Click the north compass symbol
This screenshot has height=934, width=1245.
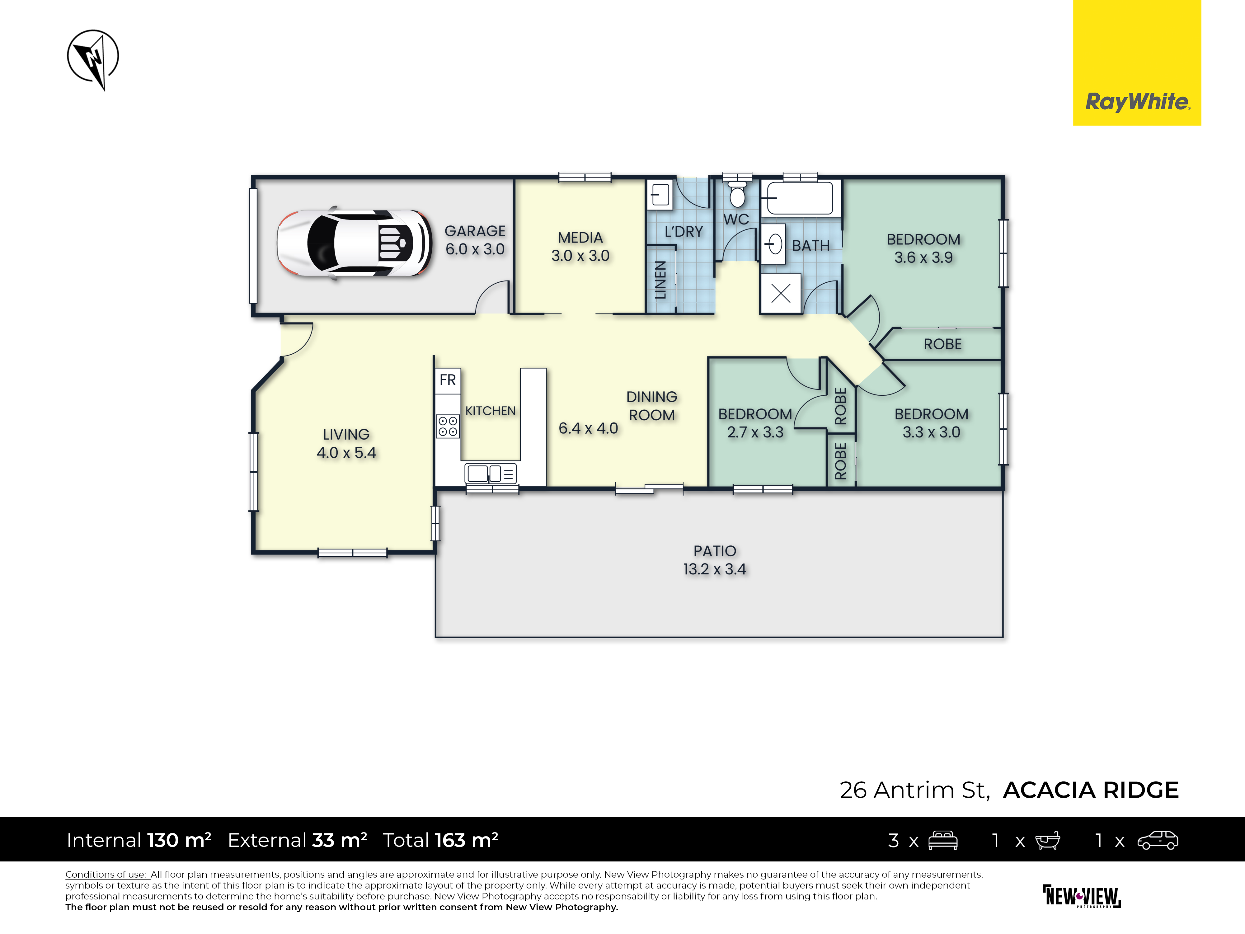(x=93, y=59)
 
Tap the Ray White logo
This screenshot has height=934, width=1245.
(x=1137, y=63)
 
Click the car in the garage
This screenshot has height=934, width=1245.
(x=355, y=243)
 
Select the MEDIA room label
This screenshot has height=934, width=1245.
(x=580, y=238)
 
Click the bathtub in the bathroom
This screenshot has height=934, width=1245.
(x=800, y=198)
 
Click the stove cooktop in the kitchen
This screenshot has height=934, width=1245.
(x=448, y=426)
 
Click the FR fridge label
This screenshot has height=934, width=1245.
(x=448, y=380)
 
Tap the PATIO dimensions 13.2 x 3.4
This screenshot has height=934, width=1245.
(x=715, y=569)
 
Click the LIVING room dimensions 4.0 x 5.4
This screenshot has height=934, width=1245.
(x=346, y=453)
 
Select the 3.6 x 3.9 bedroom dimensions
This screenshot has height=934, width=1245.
(x=923, y=257)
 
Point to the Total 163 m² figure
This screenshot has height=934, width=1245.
(x=440, y=840)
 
